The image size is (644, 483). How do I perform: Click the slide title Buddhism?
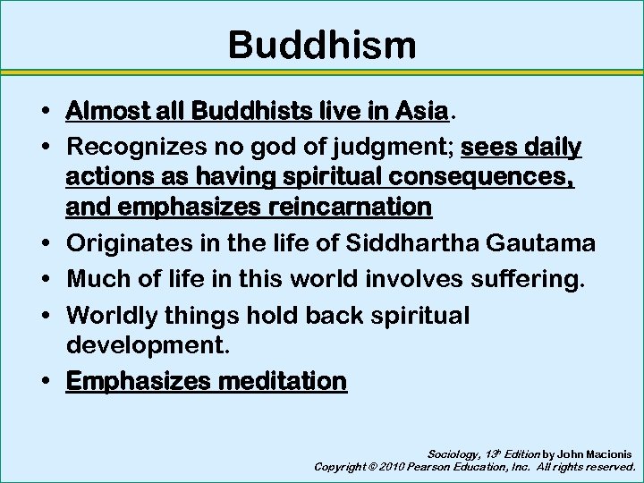[322, 45]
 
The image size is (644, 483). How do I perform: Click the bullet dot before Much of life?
[44, 278]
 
